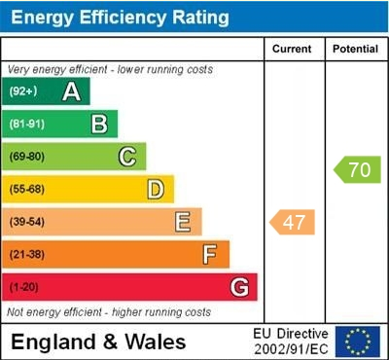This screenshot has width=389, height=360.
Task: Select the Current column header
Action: (293, 49)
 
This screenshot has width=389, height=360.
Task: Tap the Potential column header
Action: (355, 49)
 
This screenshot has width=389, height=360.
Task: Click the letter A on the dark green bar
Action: (71, 91)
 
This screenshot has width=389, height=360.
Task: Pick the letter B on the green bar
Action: (99, 124)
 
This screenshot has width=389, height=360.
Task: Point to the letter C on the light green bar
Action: (127, 156)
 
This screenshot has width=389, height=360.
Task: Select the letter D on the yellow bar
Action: (155, 189)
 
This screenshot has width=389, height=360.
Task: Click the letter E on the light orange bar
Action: (183, 222)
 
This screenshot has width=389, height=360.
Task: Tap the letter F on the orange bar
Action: (210, 255)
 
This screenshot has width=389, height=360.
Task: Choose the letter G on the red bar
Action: (238, 287)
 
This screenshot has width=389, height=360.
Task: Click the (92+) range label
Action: (23, 91)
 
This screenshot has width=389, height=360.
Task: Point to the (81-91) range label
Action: (27, 124)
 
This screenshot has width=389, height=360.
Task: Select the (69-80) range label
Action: (27, 156)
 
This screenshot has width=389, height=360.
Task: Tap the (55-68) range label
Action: (27, 189)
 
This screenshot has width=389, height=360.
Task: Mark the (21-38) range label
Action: (27, 255)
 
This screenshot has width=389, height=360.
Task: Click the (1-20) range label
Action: (24, 287)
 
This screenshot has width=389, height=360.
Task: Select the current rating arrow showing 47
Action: (293, 223)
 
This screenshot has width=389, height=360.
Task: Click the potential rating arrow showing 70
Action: (358, 169)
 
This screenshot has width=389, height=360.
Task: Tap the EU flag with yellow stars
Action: (358, 342)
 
